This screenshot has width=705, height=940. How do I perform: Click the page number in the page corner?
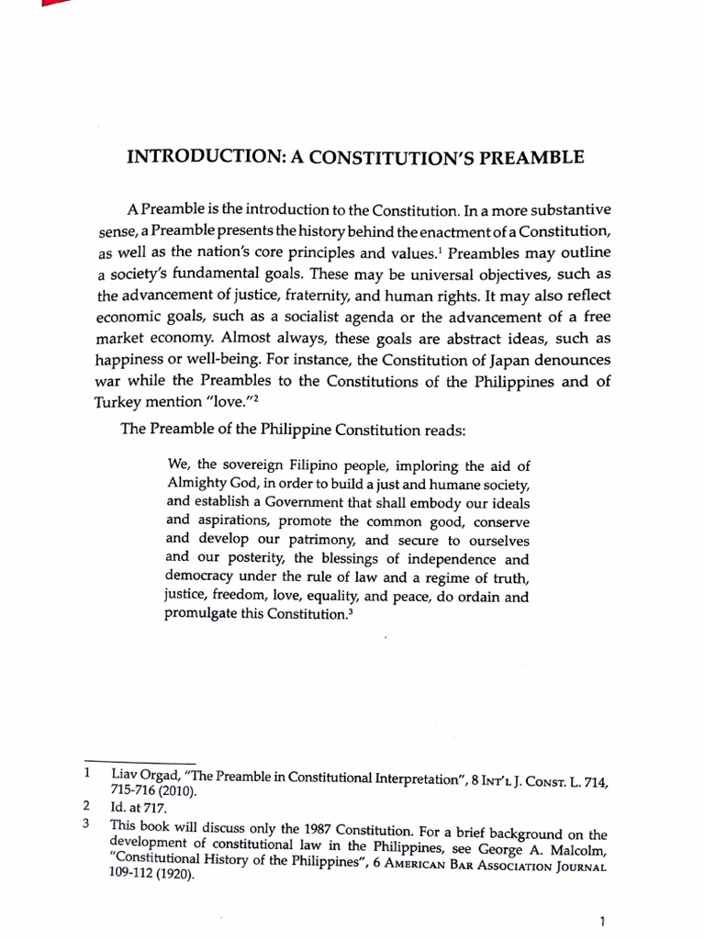(600, 919)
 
